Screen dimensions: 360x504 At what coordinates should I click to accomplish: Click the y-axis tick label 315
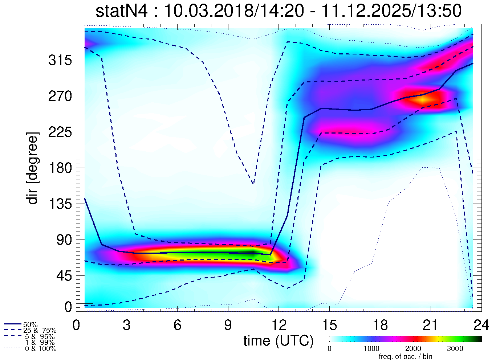click(x=60, y=61)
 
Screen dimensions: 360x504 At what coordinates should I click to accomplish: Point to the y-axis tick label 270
click(x=60, y=97)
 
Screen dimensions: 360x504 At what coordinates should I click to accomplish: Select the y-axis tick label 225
click(x=60, y=132)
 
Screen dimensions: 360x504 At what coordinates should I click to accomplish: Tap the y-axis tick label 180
click(x=60, y=168)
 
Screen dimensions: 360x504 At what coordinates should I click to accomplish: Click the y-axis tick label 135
click(x=60, y=204)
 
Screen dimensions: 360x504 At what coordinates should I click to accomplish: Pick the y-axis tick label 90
click(x=64, y=240)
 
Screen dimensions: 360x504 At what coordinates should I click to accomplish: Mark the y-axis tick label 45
click(x=64, y=276)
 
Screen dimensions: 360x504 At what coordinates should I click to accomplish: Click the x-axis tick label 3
click(x=127, y=326)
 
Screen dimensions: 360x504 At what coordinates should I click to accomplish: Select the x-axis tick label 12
click(x=279, y=326)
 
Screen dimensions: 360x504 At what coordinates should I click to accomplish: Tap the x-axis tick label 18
click(x=380, y=326)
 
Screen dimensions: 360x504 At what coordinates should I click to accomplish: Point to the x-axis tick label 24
click(x=481, y=326)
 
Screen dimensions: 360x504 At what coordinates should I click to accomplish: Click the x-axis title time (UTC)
click(x=278, y=341)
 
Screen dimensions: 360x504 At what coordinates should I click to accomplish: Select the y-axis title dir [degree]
click(x=33, y=168)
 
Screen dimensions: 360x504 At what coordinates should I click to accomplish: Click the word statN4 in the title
click(x=122, y=11)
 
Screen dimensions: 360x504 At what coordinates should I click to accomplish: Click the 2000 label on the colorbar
click(x=413, y=349)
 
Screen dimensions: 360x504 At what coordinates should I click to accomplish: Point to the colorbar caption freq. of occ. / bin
click(x=405, y=356)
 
